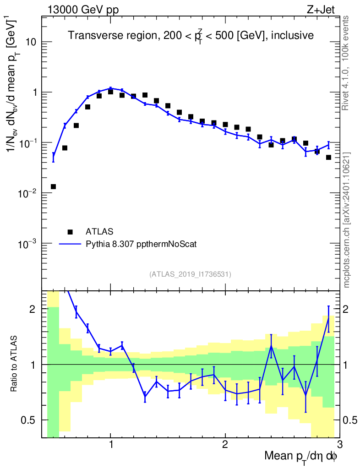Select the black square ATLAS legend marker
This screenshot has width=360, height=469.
point(70,232)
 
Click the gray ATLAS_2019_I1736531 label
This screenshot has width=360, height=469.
point(190,274)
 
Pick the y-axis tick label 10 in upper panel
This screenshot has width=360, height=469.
point(31,42)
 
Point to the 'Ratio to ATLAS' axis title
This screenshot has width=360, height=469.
point(15,364)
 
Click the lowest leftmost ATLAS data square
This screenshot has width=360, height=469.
point(53,186)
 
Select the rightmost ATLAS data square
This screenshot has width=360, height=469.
point(328,157)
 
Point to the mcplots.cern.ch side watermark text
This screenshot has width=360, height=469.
point(347,220)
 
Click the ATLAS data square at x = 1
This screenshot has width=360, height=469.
point(110,92)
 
